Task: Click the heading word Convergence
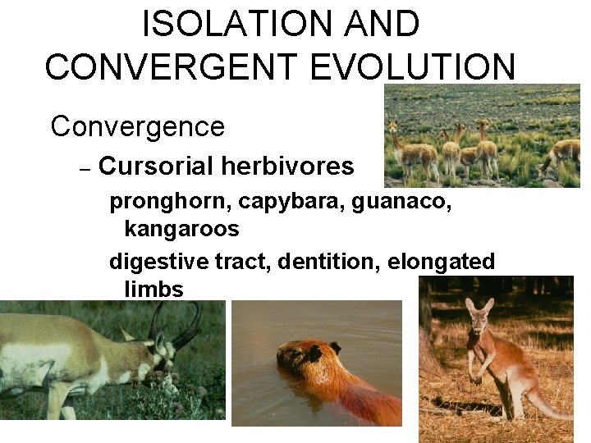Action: tap(137, 126)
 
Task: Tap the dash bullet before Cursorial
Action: tap(84, 168)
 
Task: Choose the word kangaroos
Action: tap(181, 229)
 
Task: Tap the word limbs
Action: tap(153, 289)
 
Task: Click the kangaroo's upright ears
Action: tap(475, 307)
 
